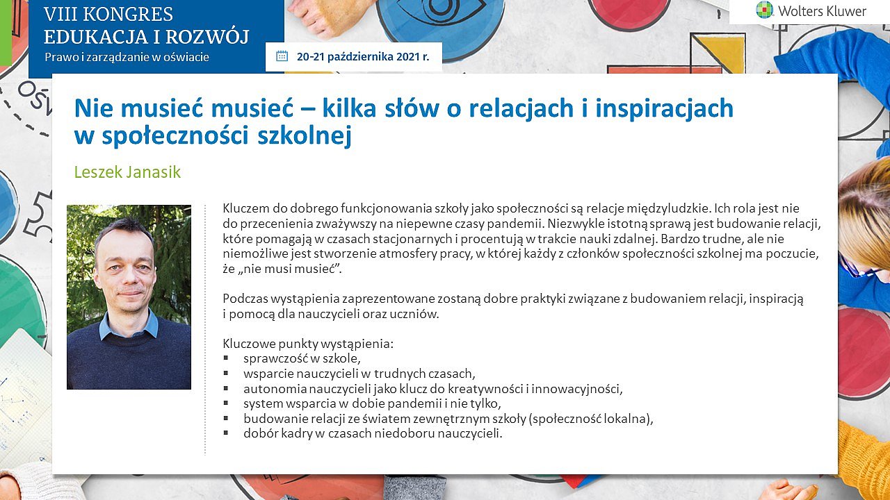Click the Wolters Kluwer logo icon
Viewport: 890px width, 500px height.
click(764, 10)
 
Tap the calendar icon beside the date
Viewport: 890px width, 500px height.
click(282, 56)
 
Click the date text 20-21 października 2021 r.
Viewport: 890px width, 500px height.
click(363, 57)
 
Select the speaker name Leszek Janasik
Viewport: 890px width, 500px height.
click(127, 172)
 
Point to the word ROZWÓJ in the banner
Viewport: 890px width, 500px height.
click(207, 37)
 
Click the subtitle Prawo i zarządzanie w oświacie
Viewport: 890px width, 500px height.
click(127, 57)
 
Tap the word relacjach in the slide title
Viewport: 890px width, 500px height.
click(521, 108)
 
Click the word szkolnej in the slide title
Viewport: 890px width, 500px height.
click(305, 135)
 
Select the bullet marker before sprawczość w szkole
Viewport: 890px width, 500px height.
click(226, 358)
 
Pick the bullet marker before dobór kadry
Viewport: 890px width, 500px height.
click(226, 433)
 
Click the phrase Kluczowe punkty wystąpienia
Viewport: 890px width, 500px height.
click(308, 344)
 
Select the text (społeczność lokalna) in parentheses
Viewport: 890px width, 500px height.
click(591, 419)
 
